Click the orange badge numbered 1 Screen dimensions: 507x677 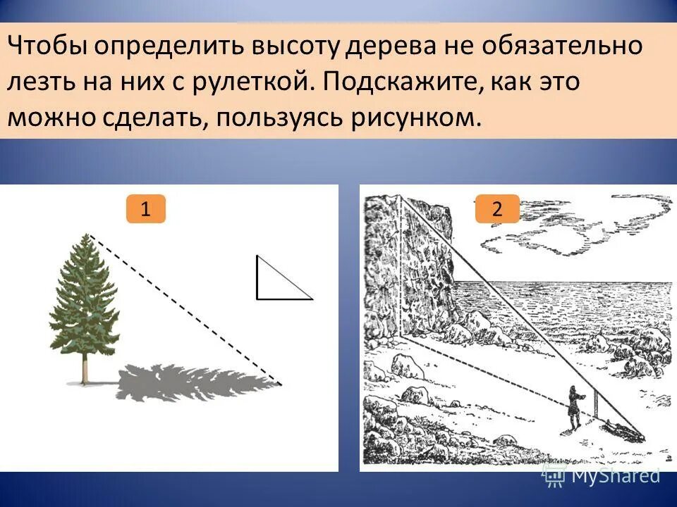click(145, 209)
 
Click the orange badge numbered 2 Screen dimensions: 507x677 click(497, 209)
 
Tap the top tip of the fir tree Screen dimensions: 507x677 click(87, 236)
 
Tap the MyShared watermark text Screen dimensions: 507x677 click(615, 476)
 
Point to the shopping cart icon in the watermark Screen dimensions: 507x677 click(554, 476)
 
